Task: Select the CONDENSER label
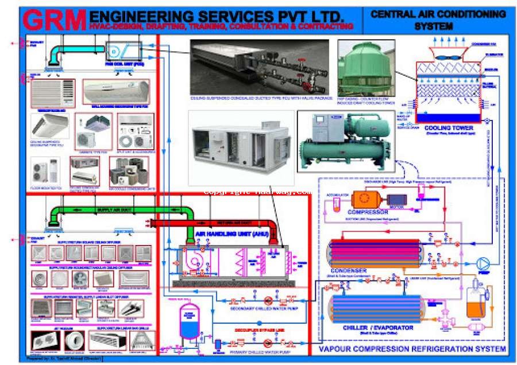pyautogui.click(x=349, y=271)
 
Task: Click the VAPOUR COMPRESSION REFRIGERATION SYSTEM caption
pyautogui.click(x=412, y=348)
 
